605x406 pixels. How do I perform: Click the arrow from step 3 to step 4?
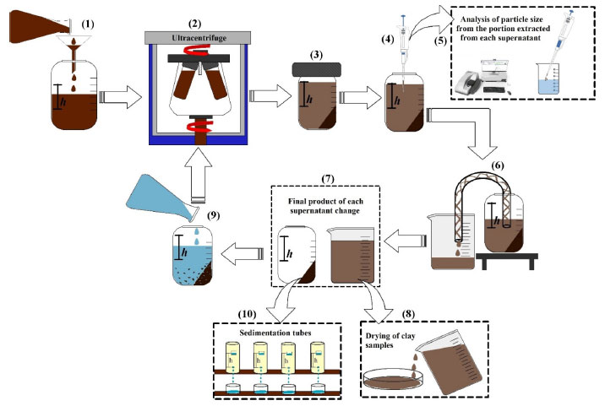[356, 98]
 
